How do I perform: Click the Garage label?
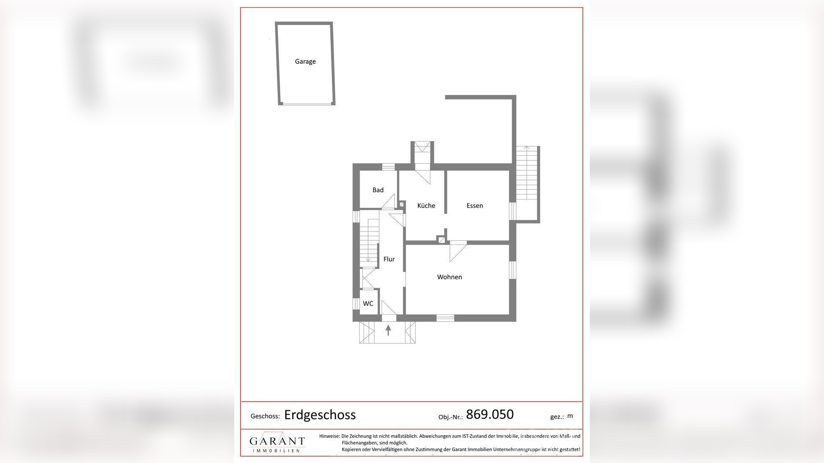tap(305, 61)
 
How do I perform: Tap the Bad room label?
tap(378, 190)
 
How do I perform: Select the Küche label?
tap(426, 205)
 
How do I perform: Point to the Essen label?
tap(474, 205)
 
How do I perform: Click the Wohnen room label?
tap(449, 277)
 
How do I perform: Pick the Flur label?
tap(389, 259)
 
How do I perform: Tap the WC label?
tap(368, 303)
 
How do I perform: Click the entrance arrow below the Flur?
tap(388, 330)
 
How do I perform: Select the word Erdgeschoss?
tap(320, 415)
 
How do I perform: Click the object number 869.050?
tap(490, 414)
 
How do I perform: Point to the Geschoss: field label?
tap(265, 416)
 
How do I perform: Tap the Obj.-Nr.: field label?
tap(450, 417)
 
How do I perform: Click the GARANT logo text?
tap(277, 441)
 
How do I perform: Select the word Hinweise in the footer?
tap(329, 436)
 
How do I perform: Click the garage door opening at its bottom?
tap(306, 104)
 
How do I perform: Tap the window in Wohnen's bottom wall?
tap(445, 318)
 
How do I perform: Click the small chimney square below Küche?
tap(441, 240)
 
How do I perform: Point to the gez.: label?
tap(557, 417)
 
